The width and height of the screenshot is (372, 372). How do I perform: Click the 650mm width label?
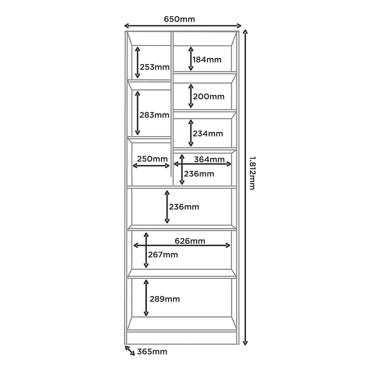[x=180, y=19]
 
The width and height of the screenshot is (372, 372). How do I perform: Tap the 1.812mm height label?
[x=252, y=173]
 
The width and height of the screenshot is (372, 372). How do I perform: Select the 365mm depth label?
[x=152, y=351]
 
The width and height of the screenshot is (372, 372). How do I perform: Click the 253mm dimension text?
[x=155, y=67]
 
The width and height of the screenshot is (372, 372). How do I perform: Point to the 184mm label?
[x=207, y=59]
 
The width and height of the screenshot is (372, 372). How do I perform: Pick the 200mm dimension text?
[x=209, y=96]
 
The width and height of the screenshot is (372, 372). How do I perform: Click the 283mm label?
[x=154, y=115]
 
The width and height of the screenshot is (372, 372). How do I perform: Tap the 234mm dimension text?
[x=208, y=133]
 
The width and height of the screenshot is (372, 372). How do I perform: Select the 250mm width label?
[x=152, y=158]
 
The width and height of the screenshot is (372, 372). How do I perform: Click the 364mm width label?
[x=209, y=159]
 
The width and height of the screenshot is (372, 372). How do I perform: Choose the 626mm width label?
[x=190, y=241]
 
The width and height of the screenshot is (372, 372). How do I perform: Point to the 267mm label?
[x=163, y=255]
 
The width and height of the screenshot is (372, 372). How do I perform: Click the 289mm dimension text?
[x=165, y=299]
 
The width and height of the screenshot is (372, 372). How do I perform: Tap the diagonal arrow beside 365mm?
[x=130, y=350]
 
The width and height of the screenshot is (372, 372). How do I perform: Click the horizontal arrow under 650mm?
[x=183, y=26]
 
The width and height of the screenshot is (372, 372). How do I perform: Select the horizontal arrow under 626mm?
[x=182, y=245]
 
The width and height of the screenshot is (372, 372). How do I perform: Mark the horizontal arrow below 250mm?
[x=151, y=166]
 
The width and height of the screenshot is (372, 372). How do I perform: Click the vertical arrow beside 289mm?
[x=146, y=297]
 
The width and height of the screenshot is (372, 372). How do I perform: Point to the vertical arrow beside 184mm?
[x=191, y=58]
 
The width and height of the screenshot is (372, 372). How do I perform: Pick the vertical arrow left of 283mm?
[x=137, y=113]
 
